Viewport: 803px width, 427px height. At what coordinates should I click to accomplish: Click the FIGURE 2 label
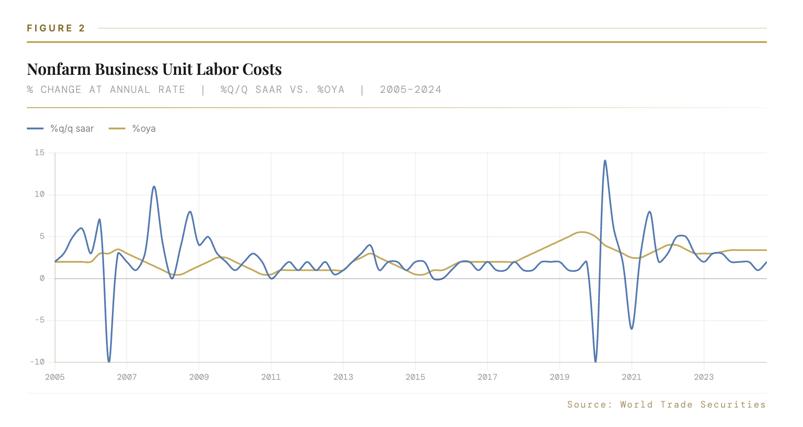tap(56, 28)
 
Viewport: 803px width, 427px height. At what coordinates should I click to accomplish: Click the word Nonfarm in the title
tap(59, 69)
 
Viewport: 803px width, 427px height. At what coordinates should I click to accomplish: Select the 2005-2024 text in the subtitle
tap(410, 90)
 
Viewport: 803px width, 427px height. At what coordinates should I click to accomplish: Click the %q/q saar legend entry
tap(72, 128)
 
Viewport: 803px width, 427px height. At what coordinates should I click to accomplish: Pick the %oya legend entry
tap(144, 128)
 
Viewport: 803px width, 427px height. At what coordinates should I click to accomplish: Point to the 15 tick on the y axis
tap(40, 152)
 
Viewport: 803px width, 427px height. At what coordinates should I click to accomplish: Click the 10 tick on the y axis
tap(40, 195)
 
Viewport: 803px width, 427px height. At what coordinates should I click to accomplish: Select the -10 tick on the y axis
tap(38, 362)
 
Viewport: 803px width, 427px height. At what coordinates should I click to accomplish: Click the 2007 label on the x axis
tap(127, 377)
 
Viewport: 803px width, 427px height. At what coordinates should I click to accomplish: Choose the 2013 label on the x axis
tap(343, 377)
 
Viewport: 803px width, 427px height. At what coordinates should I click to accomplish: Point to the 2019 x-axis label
tap(559, 377)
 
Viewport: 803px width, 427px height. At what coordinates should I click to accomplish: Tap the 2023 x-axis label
tap(704, 377)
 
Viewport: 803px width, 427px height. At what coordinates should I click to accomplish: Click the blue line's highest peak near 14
tap(605, 161)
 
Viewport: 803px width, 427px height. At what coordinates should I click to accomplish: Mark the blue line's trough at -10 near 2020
tap(595, 361)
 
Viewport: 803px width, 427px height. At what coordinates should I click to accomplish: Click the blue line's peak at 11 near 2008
tap(154, 187)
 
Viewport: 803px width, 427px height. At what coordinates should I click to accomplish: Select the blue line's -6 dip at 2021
tap(632, 329)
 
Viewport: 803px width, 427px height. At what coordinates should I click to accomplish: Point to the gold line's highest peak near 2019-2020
tap(582, 232)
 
